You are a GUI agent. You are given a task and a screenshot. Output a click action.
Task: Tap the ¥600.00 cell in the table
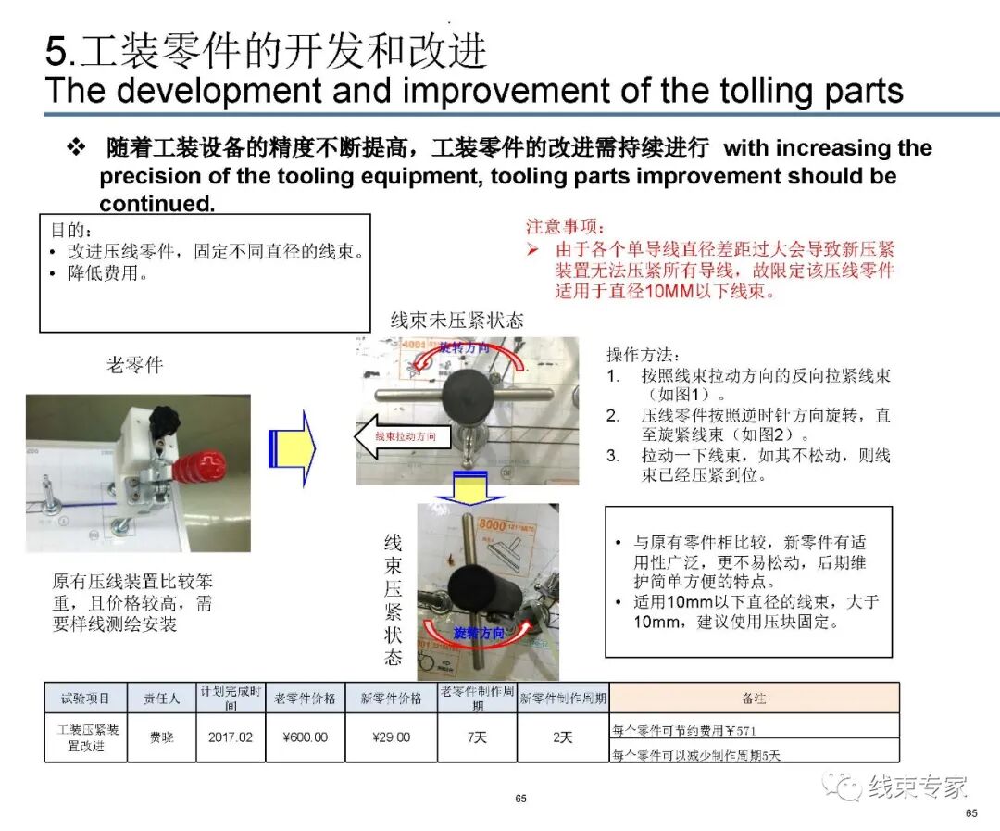[305, 737]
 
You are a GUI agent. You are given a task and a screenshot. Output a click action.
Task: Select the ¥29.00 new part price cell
[391, 737]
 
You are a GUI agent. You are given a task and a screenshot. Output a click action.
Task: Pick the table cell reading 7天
[476, 737]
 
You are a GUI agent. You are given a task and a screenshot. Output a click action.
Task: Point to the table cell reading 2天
[562, 737]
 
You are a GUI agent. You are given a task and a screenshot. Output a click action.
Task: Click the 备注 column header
[754, 698]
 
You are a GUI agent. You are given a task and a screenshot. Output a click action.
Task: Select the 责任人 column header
[161, 698]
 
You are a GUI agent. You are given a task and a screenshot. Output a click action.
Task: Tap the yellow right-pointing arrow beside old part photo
[292, 448]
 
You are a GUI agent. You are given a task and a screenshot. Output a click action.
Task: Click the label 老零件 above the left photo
[134, 365]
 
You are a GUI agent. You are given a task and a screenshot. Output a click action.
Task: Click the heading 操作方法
[644, 355]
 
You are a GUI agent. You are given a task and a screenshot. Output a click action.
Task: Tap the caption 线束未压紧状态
[456, 321]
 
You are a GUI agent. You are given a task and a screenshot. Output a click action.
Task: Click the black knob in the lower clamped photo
[471, 588]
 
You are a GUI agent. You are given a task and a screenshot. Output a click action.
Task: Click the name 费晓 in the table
[161, 737]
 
